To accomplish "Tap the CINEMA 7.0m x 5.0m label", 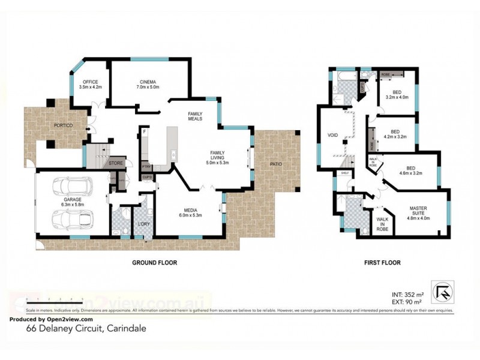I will [148, 85].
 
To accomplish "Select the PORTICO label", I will [63, 125].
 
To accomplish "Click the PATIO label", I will [275, 164].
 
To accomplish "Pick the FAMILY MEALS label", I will [195, 116].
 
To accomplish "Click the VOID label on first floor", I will [333, 135].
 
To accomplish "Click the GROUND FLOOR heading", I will [154, 263].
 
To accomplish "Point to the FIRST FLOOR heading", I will [382, 263].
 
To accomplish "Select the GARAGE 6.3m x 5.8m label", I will [73, 202].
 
